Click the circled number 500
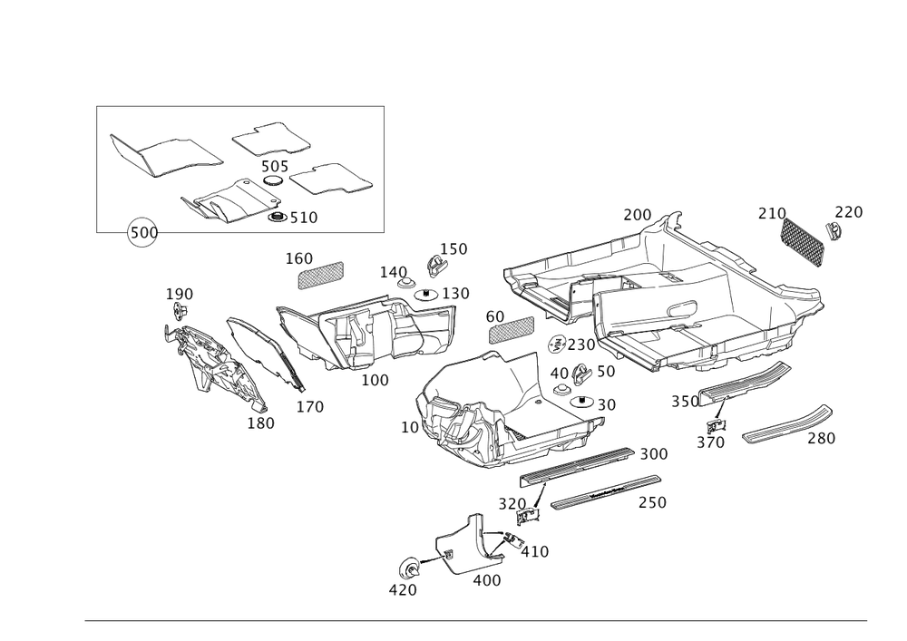(142, 233)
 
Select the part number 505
(273, 168)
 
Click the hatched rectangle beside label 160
(322, 273)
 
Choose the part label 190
(178, 295)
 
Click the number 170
(309, 407)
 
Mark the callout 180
(261, 422)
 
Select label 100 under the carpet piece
(375, 380)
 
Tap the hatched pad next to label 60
(512, 329)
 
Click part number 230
(581, 345)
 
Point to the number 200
(638, 215)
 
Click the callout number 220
(849, 213)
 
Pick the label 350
(686, 401)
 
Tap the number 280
(821, 439)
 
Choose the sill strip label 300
(653, 453)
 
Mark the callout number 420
(402, 590)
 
